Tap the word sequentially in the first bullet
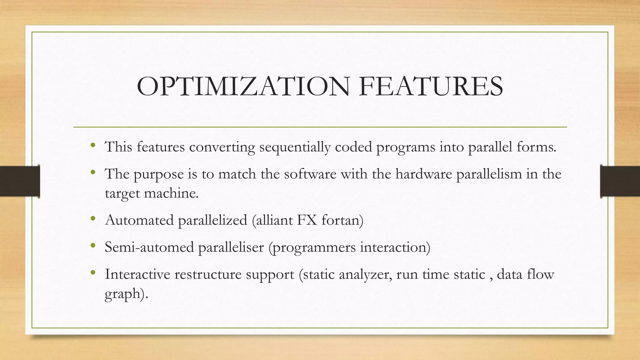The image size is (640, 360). point(295,147)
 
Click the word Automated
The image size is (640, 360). point(139,220)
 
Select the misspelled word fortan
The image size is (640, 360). point(342,220)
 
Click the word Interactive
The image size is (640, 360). point(137,274)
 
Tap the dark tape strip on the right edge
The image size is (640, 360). point(620,181)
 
